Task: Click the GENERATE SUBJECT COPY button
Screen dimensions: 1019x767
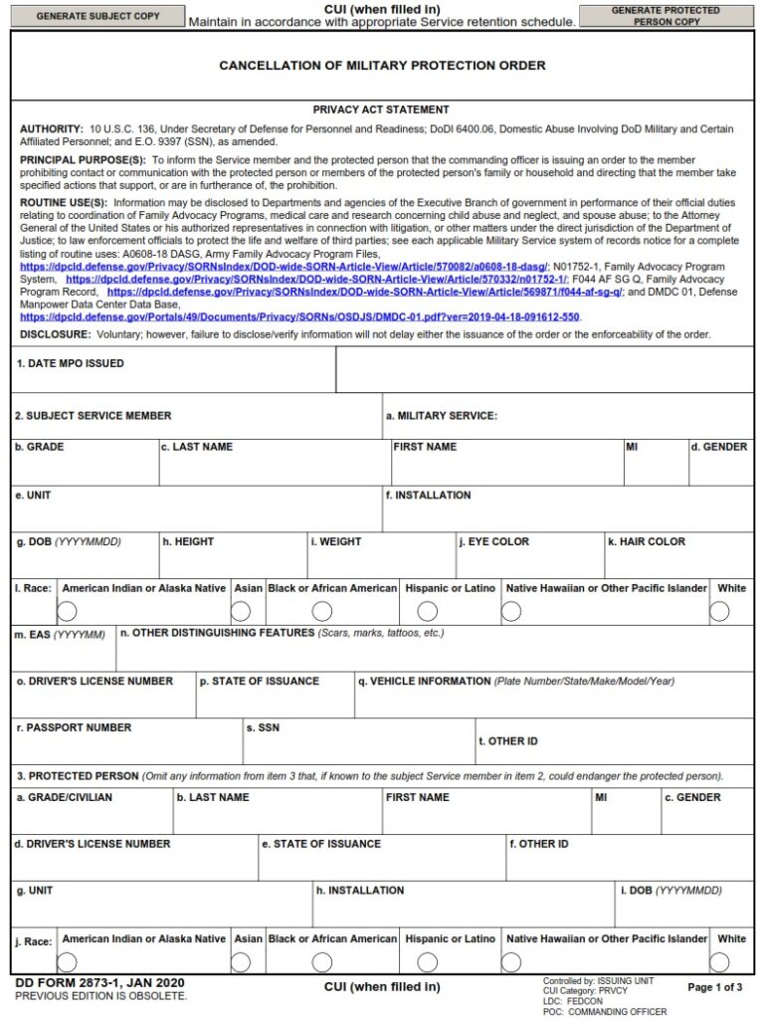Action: click(x=97, y=16)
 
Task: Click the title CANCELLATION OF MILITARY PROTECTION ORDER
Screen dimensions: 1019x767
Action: click(x=382, y=66)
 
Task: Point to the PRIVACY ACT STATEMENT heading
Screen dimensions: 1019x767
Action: click(x=381, y=109)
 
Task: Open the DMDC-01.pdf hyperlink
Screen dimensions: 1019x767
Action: click(x=299, y=316)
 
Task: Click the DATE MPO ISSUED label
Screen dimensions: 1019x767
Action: click(x=71, y=364)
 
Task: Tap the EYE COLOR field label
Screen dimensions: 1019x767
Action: click(x=494, y=542)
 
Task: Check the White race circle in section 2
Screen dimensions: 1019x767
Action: click(x=719, y=612)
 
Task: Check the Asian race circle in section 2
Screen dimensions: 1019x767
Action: click(x=241, y=612)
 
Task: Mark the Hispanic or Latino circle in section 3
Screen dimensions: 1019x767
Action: click(x=427, y=962)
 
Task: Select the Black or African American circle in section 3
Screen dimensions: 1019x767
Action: click(x=322, y=962)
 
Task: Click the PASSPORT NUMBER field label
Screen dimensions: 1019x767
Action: click(x=74, y=728)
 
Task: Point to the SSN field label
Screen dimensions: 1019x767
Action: click(x=263, y=728)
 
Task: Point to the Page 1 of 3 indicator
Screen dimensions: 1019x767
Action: click(x=714, y=987)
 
